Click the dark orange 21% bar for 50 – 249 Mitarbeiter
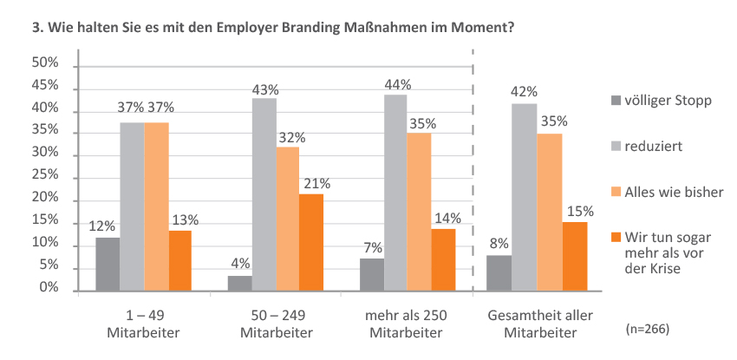(x=311, y=243)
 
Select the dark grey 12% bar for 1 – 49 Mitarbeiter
(x=108, y=265)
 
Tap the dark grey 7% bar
(x=372, y=275)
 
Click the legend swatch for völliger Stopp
(x=616, y=101)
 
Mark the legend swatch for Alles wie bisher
(x=616, y=191)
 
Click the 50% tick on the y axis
(x=45, y=65)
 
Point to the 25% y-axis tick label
(x=45, y=177)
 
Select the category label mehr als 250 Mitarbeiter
(x=407, y=323)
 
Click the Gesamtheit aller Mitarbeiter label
(x=535, y=323)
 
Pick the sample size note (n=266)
(x=647, y=330)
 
